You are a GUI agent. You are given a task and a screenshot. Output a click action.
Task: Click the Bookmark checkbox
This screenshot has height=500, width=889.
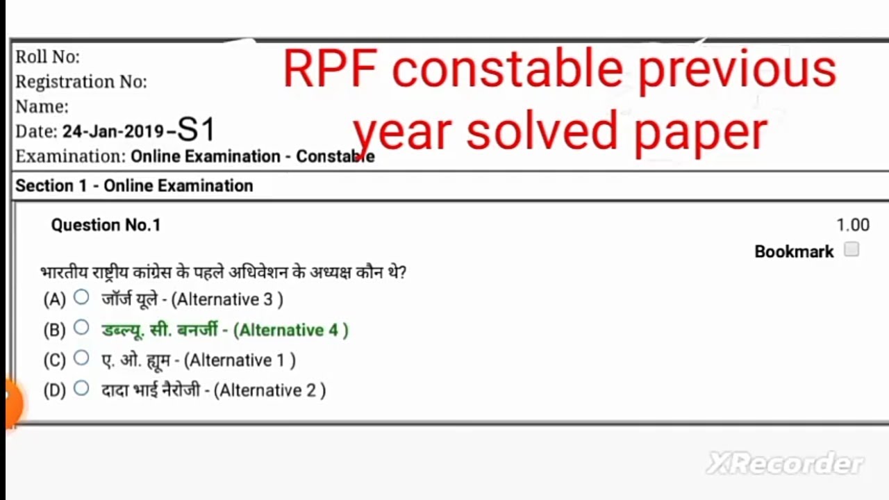point(851,250)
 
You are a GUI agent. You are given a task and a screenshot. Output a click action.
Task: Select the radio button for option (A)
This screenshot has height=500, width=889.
point(81,298)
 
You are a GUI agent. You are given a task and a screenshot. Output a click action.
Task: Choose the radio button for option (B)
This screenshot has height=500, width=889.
point(81,328)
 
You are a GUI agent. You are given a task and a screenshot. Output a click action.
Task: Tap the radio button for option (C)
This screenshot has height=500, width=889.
point(81,358)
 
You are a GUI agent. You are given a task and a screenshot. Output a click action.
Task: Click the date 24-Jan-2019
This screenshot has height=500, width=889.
point(113,131)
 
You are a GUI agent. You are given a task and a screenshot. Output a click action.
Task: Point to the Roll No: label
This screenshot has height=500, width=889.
point(48,56)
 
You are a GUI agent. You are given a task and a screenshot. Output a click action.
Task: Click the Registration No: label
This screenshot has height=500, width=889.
point(81,82)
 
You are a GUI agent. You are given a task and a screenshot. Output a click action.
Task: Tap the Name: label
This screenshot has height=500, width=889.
point(42,107)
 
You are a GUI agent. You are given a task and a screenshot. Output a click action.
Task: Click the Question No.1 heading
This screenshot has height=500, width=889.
point(106,225)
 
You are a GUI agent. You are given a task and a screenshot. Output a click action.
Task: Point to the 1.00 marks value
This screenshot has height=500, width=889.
point(853,225)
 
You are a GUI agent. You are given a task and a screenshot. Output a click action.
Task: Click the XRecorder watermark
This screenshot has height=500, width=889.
point(785,463)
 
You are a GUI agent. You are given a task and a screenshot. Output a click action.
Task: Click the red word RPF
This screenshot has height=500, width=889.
point(330,69)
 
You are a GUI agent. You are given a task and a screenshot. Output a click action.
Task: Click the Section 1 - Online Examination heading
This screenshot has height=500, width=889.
point(134,186)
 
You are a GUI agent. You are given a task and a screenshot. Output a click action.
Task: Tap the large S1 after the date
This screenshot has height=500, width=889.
point(197,130)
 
